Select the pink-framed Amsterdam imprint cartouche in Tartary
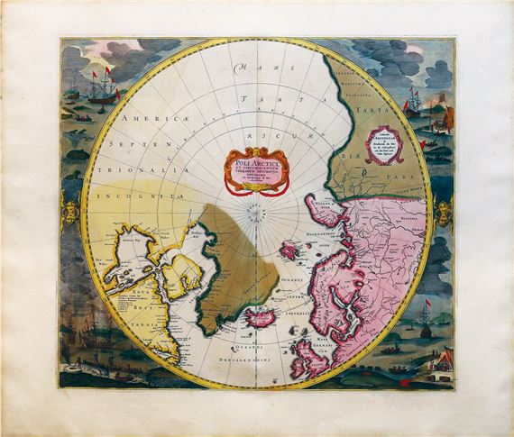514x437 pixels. tap(386, 145)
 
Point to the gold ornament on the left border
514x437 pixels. tap(73, 213)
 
